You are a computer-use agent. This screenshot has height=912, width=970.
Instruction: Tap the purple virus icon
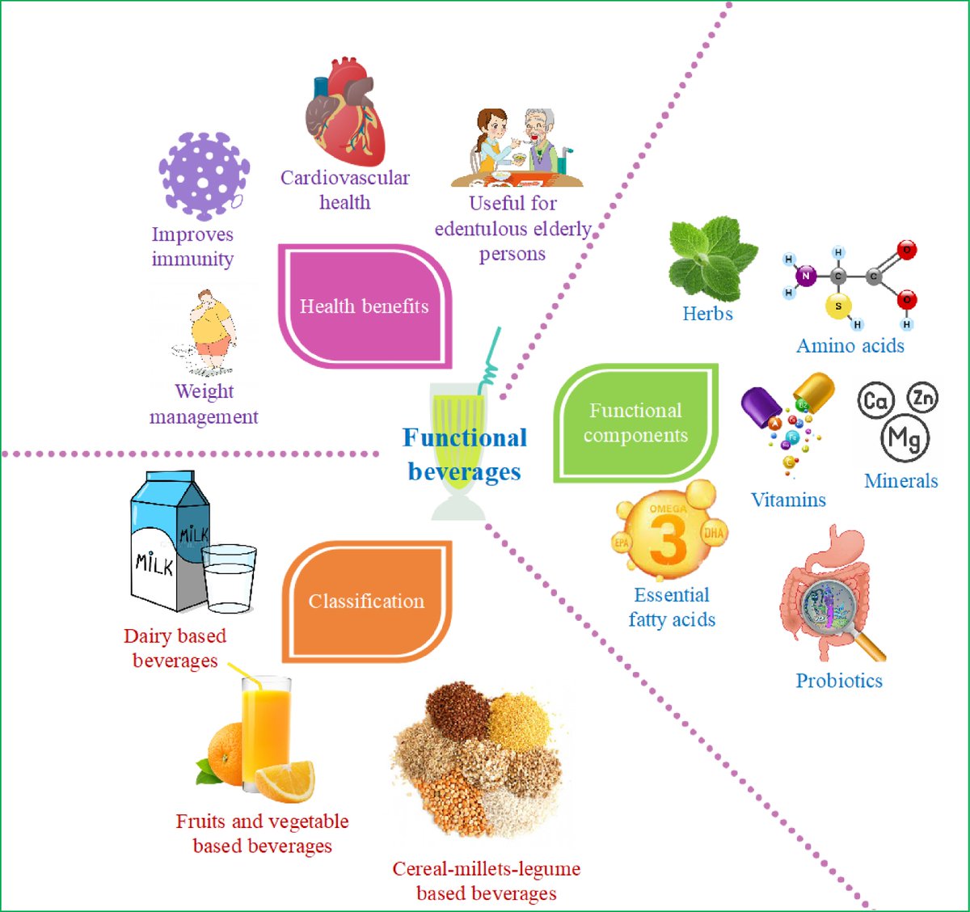[204, 175]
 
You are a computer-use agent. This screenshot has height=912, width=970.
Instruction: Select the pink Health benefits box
[365, 306]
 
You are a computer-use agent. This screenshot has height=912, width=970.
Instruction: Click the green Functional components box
[635, 423]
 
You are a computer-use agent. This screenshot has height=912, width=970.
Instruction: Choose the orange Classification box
[366, 601]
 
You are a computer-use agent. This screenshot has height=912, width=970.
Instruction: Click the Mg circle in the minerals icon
[905, 438]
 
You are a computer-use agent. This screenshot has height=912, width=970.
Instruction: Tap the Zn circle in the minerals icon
[922, 397]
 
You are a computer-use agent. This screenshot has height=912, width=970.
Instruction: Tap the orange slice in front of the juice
[285, 780]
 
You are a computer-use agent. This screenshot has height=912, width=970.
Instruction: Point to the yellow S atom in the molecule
[838, 306]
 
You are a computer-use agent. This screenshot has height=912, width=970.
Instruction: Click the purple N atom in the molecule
[805, 276]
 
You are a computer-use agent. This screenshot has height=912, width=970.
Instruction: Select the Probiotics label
[839, 681]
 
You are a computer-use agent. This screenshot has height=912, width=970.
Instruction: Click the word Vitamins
[788, 500]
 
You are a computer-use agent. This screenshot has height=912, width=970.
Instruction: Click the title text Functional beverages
[465, 454]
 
